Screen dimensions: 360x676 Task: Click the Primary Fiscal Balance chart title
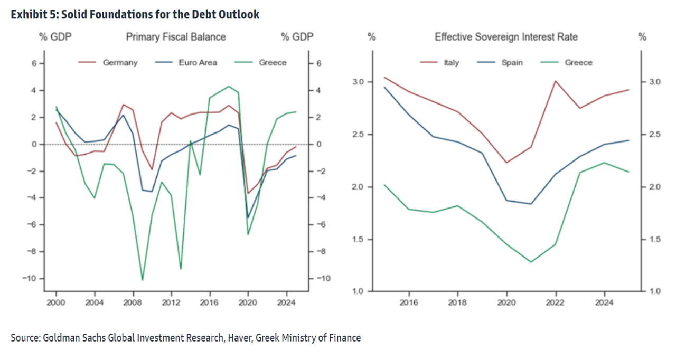176,37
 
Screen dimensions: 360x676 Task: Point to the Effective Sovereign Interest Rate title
506,37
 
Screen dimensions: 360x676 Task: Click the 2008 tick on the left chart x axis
133,302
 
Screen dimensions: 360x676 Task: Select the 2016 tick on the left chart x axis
210,302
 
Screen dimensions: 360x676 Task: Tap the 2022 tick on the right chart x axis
556,302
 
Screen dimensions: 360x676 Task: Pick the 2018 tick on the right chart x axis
457,302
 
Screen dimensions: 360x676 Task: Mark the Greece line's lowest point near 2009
142,280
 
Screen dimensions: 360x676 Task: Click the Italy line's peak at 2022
556,81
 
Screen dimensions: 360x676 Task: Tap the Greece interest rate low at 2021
531,262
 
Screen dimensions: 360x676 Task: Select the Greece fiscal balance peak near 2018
229,86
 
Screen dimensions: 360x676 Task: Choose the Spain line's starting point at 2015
384,87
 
